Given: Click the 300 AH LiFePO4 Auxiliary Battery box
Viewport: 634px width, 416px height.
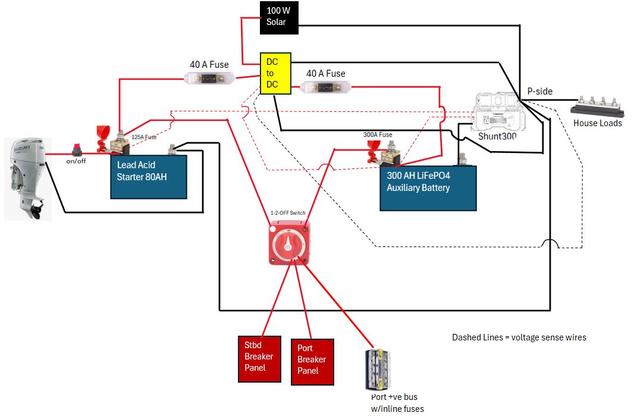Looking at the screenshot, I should coord(428,188).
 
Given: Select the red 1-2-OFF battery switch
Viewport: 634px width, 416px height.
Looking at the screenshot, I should coord(288,242).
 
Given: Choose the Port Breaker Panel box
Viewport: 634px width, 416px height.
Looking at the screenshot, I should coord(312,359).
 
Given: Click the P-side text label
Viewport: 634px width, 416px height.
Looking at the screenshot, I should coord(539,92).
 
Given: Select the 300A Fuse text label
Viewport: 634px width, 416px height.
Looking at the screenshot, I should coord(378,135).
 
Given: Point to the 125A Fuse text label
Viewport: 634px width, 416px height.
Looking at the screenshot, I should coord(144,137).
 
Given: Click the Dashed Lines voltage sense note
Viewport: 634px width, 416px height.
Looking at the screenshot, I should coord(519,337).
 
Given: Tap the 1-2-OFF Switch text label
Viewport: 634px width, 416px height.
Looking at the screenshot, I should coord(288,212).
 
